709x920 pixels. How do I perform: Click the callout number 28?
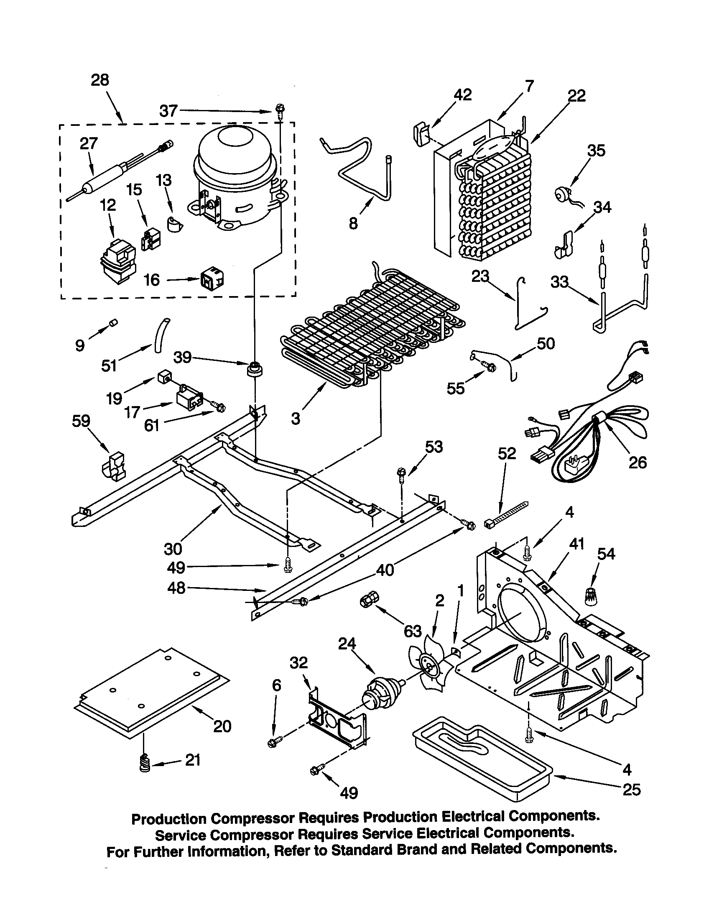pos(100,79)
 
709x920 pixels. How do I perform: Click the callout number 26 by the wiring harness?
pos(637,463)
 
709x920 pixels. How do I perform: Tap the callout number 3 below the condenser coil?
pos(296,418)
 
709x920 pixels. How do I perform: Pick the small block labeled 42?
pos(418,134)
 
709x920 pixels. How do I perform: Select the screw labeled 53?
pos(401,474)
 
